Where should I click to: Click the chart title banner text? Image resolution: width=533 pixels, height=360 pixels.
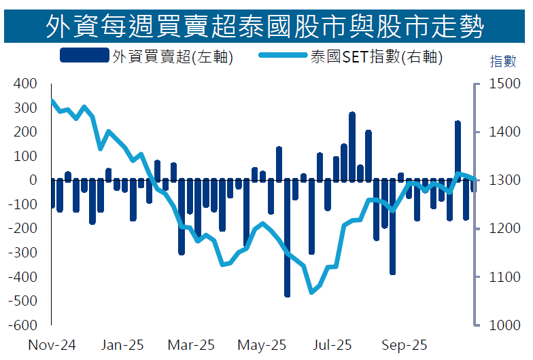[x=266, y=26]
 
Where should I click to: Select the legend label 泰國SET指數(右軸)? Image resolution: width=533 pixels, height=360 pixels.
[x=375, y=58]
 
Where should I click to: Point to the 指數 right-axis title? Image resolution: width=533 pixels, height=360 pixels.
[x=504, y=61]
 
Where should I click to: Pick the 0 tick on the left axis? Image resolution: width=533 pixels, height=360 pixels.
[x=33, y=180]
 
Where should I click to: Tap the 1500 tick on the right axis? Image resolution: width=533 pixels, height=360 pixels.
[x=500, y=84]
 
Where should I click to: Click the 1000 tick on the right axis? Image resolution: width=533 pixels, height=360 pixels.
[x=500, y=325]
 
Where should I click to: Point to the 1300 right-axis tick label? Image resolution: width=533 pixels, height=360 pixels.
[x=500, y=180]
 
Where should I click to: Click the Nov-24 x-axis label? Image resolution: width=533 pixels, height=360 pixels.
[x=52, y=345]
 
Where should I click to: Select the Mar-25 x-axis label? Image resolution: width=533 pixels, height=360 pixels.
[x=192, y=345]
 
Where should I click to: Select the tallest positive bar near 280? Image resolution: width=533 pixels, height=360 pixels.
[x=352, y=146]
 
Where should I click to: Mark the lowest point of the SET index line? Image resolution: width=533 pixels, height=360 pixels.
[x=312, y=292]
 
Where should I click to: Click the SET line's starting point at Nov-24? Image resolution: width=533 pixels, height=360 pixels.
[x=52, y=101]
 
